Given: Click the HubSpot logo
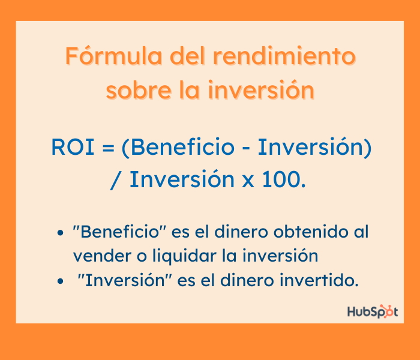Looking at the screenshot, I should click(x=372, y=311).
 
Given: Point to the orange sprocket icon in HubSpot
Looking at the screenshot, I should click(x=387, y=311).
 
